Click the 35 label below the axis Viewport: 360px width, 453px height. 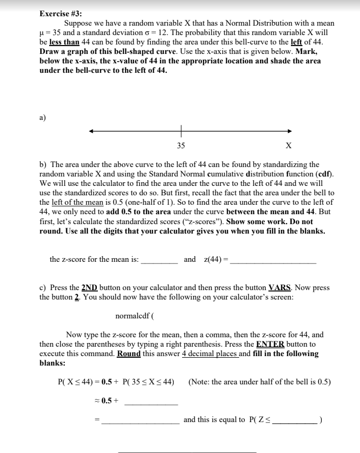[181, 146]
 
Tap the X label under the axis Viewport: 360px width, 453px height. [289, 146]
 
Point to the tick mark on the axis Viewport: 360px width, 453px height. [181, 131]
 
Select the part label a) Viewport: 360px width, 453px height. [43, 117]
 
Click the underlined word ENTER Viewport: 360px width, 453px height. [270, 344]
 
